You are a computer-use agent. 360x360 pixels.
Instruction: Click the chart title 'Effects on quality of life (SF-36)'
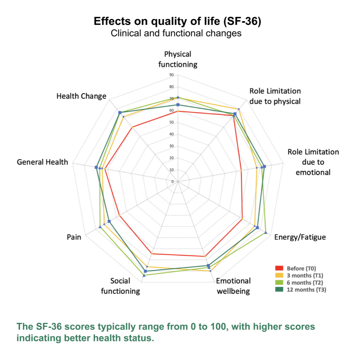click(177, 21)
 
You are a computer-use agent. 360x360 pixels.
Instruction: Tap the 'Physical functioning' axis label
click(178, 59)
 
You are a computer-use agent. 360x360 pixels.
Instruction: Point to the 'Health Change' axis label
click(81, 96)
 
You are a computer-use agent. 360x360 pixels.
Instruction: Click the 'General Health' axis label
click(42, 162)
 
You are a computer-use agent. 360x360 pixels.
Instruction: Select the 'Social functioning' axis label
click(120, 286)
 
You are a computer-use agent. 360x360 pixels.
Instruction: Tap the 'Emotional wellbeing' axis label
click(233, 286)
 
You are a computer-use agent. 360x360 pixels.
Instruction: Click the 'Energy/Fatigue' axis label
click(300, 237)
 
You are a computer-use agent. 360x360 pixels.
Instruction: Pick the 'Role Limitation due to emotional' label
click(313, 162)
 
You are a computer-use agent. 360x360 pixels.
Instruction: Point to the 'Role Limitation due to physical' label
click(275, 96)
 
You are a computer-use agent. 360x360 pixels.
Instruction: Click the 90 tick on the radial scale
click(171, 75)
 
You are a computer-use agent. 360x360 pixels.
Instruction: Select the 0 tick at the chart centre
click(172, 181)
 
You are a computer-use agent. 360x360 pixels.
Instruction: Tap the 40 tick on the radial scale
click(171, 134)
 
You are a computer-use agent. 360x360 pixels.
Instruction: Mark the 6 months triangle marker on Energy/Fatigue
click(266, 233)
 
